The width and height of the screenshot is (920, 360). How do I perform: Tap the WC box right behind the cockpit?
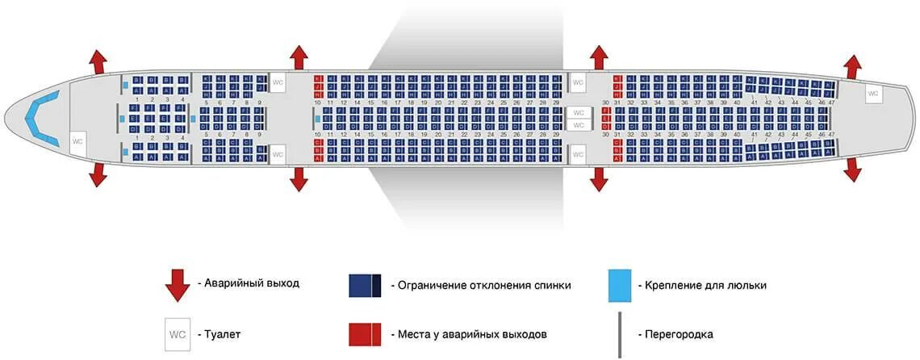tap(77, 141)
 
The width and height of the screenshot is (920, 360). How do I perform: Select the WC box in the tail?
tap(872, 94)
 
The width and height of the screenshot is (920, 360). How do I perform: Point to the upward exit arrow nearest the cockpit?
tap(98, 62)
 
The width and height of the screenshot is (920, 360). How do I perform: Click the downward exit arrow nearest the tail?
tap(852, 169)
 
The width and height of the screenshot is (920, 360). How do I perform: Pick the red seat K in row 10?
tap(318, 78)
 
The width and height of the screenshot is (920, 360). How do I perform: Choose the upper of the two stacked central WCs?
tap(578, 113)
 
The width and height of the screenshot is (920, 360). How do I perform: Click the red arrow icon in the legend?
tap(177, 284)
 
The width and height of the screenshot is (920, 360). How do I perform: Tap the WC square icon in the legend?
tap(177, 333)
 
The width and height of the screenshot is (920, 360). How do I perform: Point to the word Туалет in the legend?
tap(222, 333)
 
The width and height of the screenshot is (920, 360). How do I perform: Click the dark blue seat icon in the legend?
tap(365, 285)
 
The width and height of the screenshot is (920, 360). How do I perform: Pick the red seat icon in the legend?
tap(365, 334)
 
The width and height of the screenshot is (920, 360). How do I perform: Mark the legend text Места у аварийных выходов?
tap(472, 334)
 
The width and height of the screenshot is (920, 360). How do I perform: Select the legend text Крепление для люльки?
tap(701, 285)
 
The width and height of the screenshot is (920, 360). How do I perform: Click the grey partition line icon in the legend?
tap(620, 334)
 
